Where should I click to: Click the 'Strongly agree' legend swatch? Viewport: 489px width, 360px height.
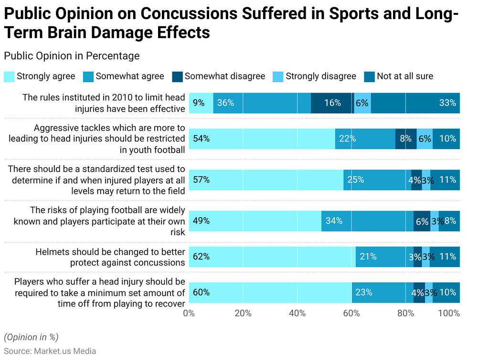pyautogui.click(x=9, y=76)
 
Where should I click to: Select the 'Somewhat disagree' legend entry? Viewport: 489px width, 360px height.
pyautogui.click(x=224, y=76)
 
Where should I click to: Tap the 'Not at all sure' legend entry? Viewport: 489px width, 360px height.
pyautogui.click(x=404, y=76)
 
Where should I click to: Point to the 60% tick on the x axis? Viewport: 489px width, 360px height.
pyautogui.click(x=352, y=314)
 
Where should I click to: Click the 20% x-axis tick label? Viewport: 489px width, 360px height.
pyautogui.click(x=243, y=314)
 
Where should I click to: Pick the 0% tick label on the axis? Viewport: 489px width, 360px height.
pyautogui.click(x=189, y=314)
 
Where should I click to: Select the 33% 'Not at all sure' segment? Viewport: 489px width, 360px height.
pyautogui.click(x=415, y=103)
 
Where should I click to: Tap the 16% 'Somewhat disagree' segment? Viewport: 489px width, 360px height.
pyautogui.click(x=332, y=103)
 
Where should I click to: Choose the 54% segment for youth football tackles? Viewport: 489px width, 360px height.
pyautogui.click(x=262, y=139)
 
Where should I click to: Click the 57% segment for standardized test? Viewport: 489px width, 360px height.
pyautogui.click(x=266, y=180)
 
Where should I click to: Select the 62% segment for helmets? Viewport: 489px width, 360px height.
pyautogui.click(x=272, y=257)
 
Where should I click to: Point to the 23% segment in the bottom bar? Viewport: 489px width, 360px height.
pyautogui.click(x=383, y=293)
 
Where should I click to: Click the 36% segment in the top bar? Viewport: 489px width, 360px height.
pyautogui.click(x=262, y=103)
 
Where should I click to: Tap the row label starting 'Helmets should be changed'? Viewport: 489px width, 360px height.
pyautogui.click(x=110, y=257)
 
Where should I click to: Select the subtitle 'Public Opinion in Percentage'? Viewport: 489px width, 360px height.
pyautogui.click(x=72, y=56)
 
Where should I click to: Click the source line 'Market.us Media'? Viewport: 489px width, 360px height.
pyautogui.click(x=50, y=351)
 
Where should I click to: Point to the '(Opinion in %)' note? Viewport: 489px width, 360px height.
pyautogui.click(x=31, y=337)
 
